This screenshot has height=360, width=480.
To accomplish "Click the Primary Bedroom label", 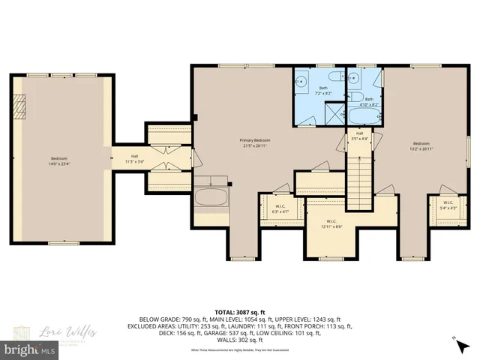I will [255, 140].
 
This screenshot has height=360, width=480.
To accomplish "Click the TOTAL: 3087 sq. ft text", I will [240, 311].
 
